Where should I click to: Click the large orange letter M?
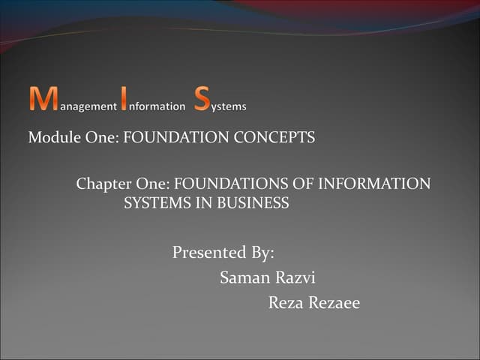click(43, 100)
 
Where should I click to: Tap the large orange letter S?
click(201, 100)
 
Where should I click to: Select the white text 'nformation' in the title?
click(157, 106)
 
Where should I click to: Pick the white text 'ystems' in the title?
click(228, 106)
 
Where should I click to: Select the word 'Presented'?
click(207, 253)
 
